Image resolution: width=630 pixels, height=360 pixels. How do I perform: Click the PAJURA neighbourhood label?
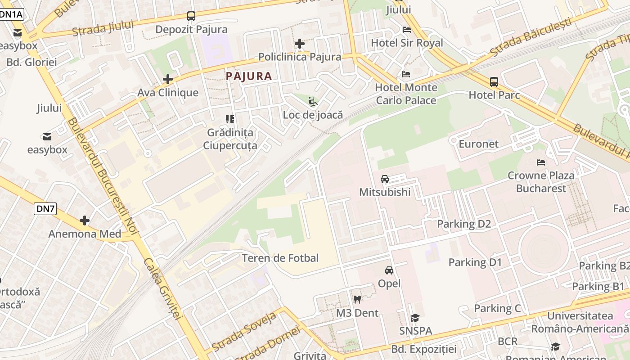249,76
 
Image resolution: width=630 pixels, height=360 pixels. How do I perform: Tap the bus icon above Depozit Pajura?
191,16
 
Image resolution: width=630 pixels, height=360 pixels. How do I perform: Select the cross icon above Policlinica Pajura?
300,44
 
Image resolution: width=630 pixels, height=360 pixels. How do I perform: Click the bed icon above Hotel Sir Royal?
407,30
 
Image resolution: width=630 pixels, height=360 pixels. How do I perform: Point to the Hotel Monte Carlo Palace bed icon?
406,74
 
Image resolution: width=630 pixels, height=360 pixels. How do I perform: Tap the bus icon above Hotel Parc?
494,82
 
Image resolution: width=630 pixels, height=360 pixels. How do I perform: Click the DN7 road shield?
45,208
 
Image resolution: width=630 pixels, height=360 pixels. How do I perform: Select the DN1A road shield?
11,14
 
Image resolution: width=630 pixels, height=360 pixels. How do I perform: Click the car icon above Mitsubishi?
385,179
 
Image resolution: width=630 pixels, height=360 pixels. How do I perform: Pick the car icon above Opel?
389,270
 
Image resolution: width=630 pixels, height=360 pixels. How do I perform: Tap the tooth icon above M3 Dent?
357,299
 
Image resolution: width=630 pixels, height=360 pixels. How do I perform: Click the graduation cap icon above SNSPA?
415,318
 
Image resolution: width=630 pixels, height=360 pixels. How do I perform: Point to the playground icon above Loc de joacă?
313,102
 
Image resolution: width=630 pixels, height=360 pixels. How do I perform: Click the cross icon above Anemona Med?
85,220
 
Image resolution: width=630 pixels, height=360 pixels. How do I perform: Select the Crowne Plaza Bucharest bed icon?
541,162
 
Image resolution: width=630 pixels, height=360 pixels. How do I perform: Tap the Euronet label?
478,144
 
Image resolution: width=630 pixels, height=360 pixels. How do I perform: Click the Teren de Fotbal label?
280,258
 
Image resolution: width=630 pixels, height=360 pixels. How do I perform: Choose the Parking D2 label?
464,224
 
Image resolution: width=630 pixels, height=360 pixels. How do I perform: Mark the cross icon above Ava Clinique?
168,80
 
